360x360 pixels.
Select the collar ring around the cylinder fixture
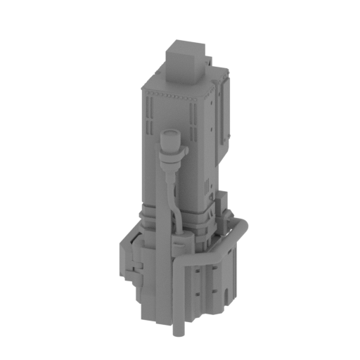click(172, 150)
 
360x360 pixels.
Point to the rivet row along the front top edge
click(169, 94)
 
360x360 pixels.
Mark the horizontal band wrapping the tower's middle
click(176, 214)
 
